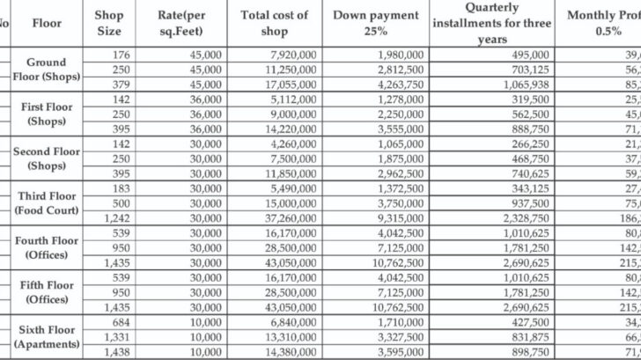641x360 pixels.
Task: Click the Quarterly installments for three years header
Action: coord(492,22)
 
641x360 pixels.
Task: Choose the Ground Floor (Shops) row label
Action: coord(48,70)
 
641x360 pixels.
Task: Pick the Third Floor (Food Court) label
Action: coord(48,202)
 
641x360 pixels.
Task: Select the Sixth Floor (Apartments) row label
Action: coord(48,337)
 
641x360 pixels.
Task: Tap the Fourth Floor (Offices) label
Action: coord(48,247)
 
